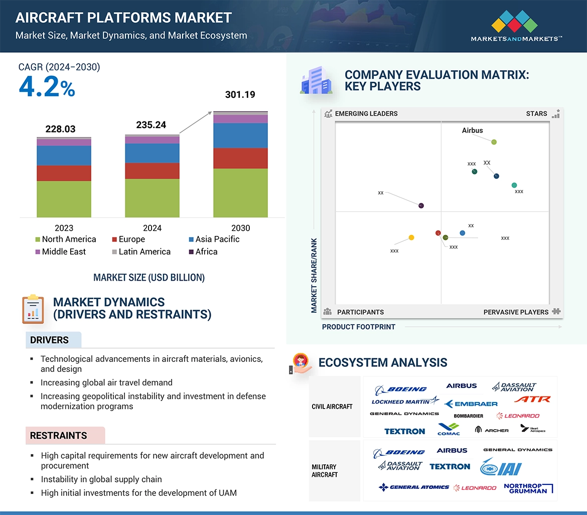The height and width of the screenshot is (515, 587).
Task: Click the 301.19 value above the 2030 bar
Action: [x=240, y=94]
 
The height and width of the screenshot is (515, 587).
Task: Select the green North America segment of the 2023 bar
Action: [x=64, y=199]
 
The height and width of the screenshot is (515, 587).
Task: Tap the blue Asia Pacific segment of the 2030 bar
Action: [x=240, y=136]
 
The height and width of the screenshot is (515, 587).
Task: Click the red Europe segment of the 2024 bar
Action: [x=152, y=171]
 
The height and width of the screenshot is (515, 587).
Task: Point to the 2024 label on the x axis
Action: [x=152, y=228]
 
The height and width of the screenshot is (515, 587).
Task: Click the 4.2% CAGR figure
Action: [x=47, y=87]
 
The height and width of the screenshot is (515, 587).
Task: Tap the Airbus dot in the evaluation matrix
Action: [x=494, y=142]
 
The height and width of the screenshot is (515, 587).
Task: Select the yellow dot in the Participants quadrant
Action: [x=411, y=237]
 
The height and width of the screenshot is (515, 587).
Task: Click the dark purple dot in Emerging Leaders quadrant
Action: [x=421, y=205]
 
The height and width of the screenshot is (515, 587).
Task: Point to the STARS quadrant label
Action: [x=536, y=113]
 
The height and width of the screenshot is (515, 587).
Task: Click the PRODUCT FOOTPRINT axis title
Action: [x=358, y=327]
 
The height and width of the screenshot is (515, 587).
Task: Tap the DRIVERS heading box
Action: [x=50, y=340]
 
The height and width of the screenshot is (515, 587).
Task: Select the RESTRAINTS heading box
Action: [x=59, y=435]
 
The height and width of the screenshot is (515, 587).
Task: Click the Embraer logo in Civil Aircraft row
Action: [x=471, y=404]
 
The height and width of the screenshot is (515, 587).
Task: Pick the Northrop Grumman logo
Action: [x=528, y=488]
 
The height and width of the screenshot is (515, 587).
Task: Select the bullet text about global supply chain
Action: [x=101, y=479]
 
